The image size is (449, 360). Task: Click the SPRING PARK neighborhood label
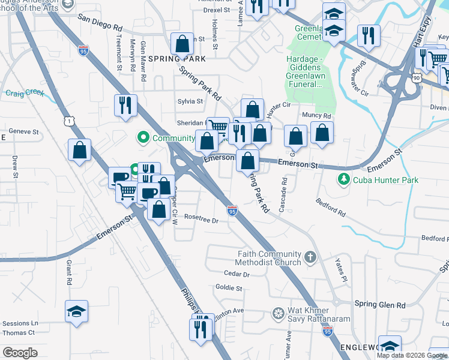pyautogui.click(x=176, y=59)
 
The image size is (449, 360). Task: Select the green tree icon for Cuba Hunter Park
pyautogui.click(x=343, y=179)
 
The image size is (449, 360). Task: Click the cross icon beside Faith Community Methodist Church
pyautogui.click(x=310, y=257)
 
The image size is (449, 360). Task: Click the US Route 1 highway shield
pyautogui.click(x=71, y=122)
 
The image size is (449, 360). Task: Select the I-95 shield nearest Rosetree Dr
pyautogui.click(x=232, y=211)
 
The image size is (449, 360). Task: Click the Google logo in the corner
pyautogui.click(x=20, y=353)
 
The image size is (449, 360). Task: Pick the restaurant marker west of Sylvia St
pyautogui.click(x=126, y=106)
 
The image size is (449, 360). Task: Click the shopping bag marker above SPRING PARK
pyautogui.click(x=182, y=43)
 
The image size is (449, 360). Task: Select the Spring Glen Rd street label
pyautogui.click(x=380, y=305)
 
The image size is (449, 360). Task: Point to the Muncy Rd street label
pyautogui.click(x=317, y=115)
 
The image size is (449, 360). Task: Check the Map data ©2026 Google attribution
pyautogui.click(x=411, y=355)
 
